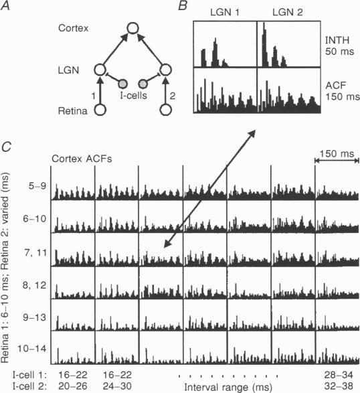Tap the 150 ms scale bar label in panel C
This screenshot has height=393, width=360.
pos(337,165)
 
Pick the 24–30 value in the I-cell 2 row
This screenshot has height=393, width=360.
pos(116,386)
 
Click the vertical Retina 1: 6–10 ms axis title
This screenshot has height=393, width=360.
pos(6,268)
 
